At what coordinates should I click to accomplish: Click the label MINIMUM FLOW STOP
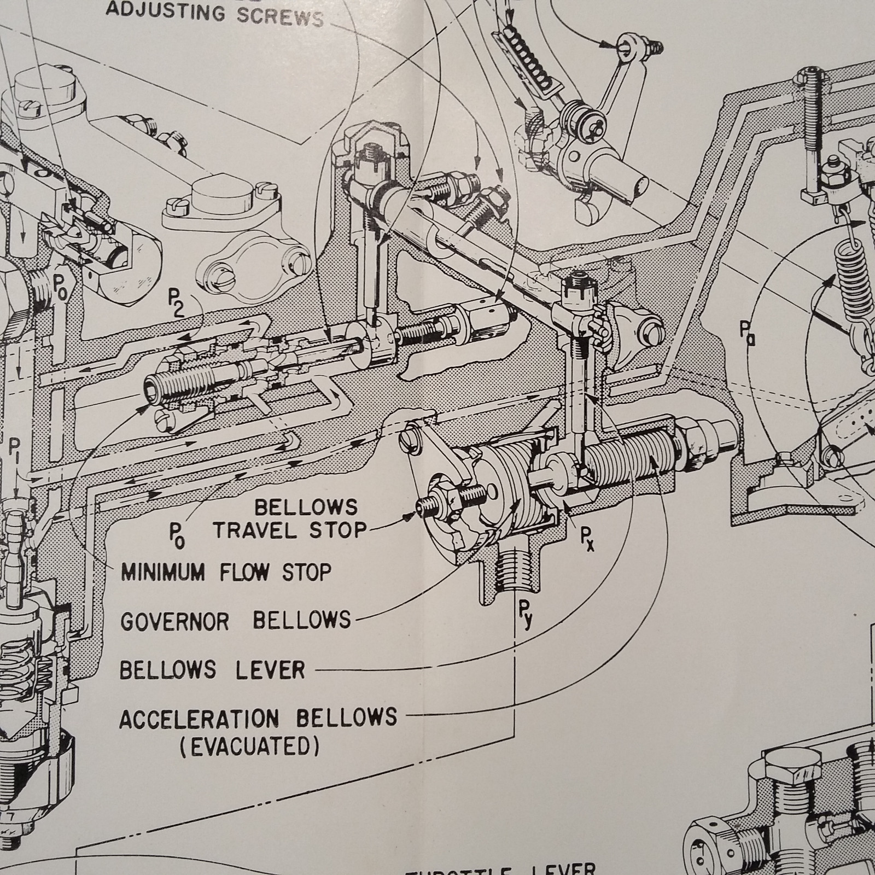226,573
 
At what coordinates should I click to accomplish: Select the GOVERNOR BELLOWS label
235,621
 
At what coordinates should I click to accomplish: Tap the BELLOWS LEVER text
212,669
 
